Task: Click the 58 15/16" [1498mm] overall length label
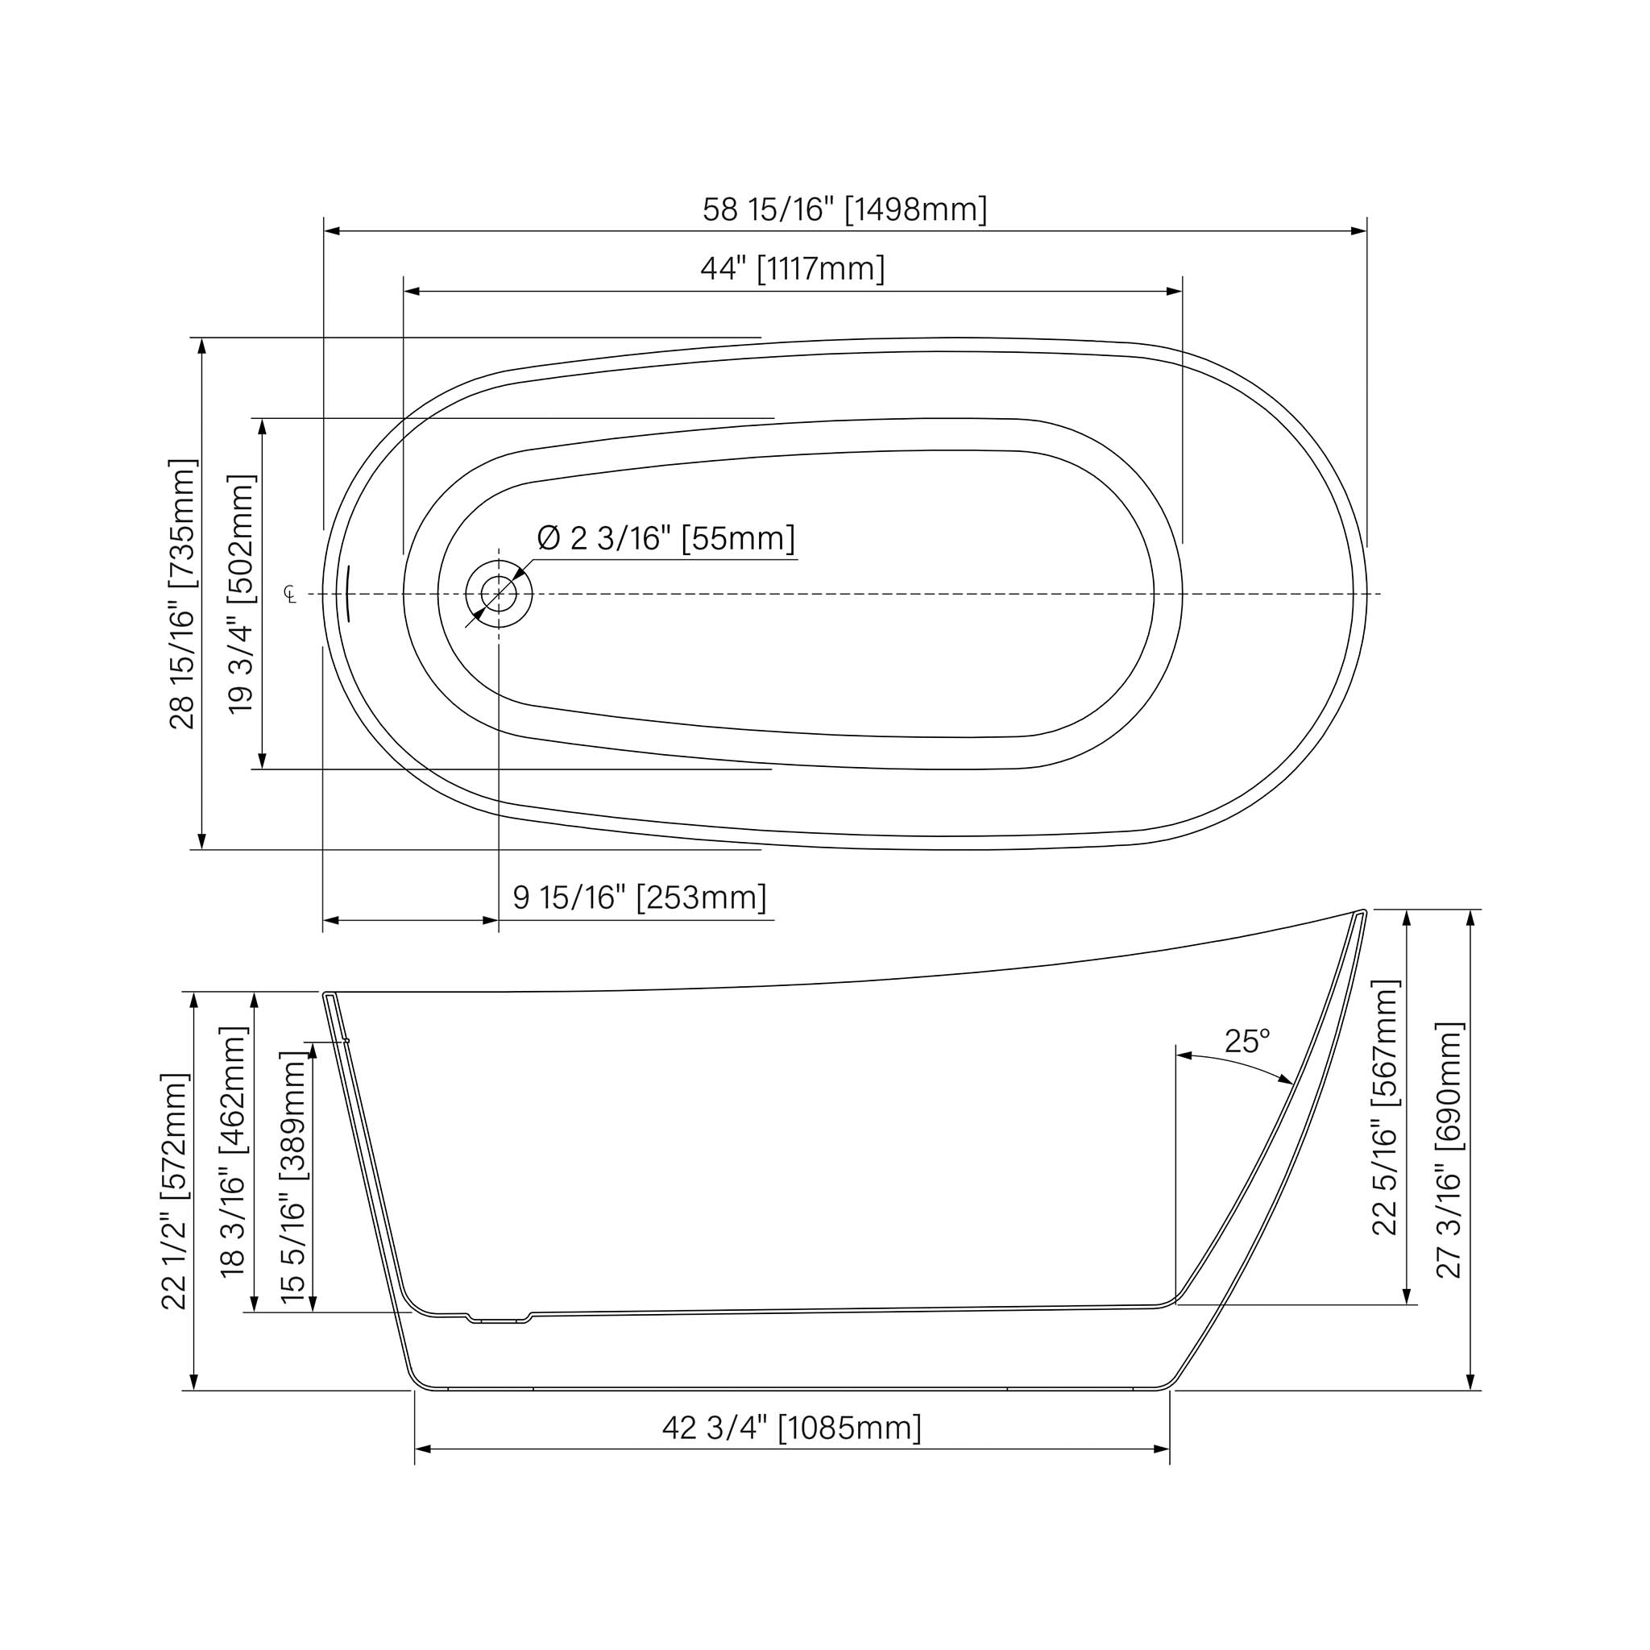(x=844, y=209)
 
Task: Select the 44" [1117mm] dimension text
(x=793, y=269)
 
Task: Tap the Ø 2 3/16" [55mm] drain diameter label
(x=666, y=539)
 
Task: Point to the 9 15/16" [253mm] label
(x=640, y=898)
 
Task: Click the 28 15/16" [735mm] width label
(x=183, y=595)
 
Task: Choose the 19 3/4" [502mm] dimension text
(x=243, y=595)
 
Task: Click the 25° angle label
(x=1247, y=1041)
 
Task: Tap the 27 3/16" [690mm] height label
(x=1450, y=1150)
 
